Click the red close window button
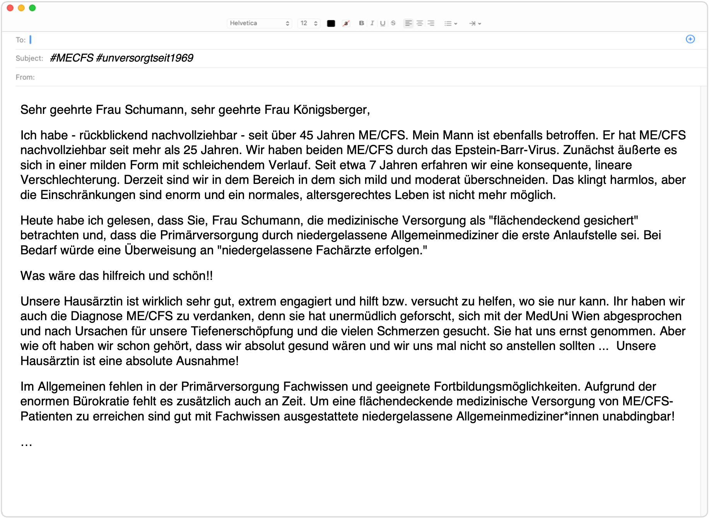(x=10, y=8)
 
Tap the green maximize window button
(x=32, y=8)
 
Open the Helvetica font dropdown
(x=259, y=23)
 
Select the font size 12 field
(x=309, y=23)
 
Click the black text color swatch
(x=331, y=23)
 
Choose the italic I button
(x=372, y=23)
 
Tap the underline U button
(x=383, y=23)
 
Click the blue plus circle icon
(x=690, y=39)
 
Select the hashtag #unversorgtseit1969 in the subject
(x=145, y=58)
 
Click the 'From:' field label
(x=25, y=77)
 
